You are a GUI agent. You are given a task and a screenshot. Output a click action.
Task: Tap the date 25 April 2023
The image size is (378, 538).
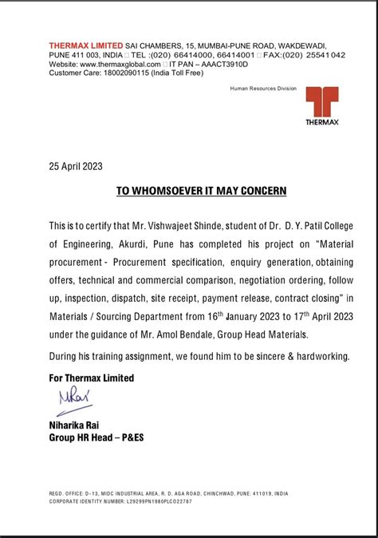point(76,166)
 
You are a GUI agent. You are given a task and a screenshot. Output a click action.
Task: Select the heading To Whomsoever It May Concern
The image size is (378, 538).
point(201,192)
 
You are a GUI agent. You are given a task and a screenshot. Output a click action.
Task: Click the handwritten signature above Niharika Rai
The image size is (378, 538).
point(69,398)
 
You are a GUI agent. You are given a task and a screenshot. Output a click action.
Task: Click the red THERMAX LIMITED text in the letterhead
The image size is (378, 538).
point(85,46)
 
